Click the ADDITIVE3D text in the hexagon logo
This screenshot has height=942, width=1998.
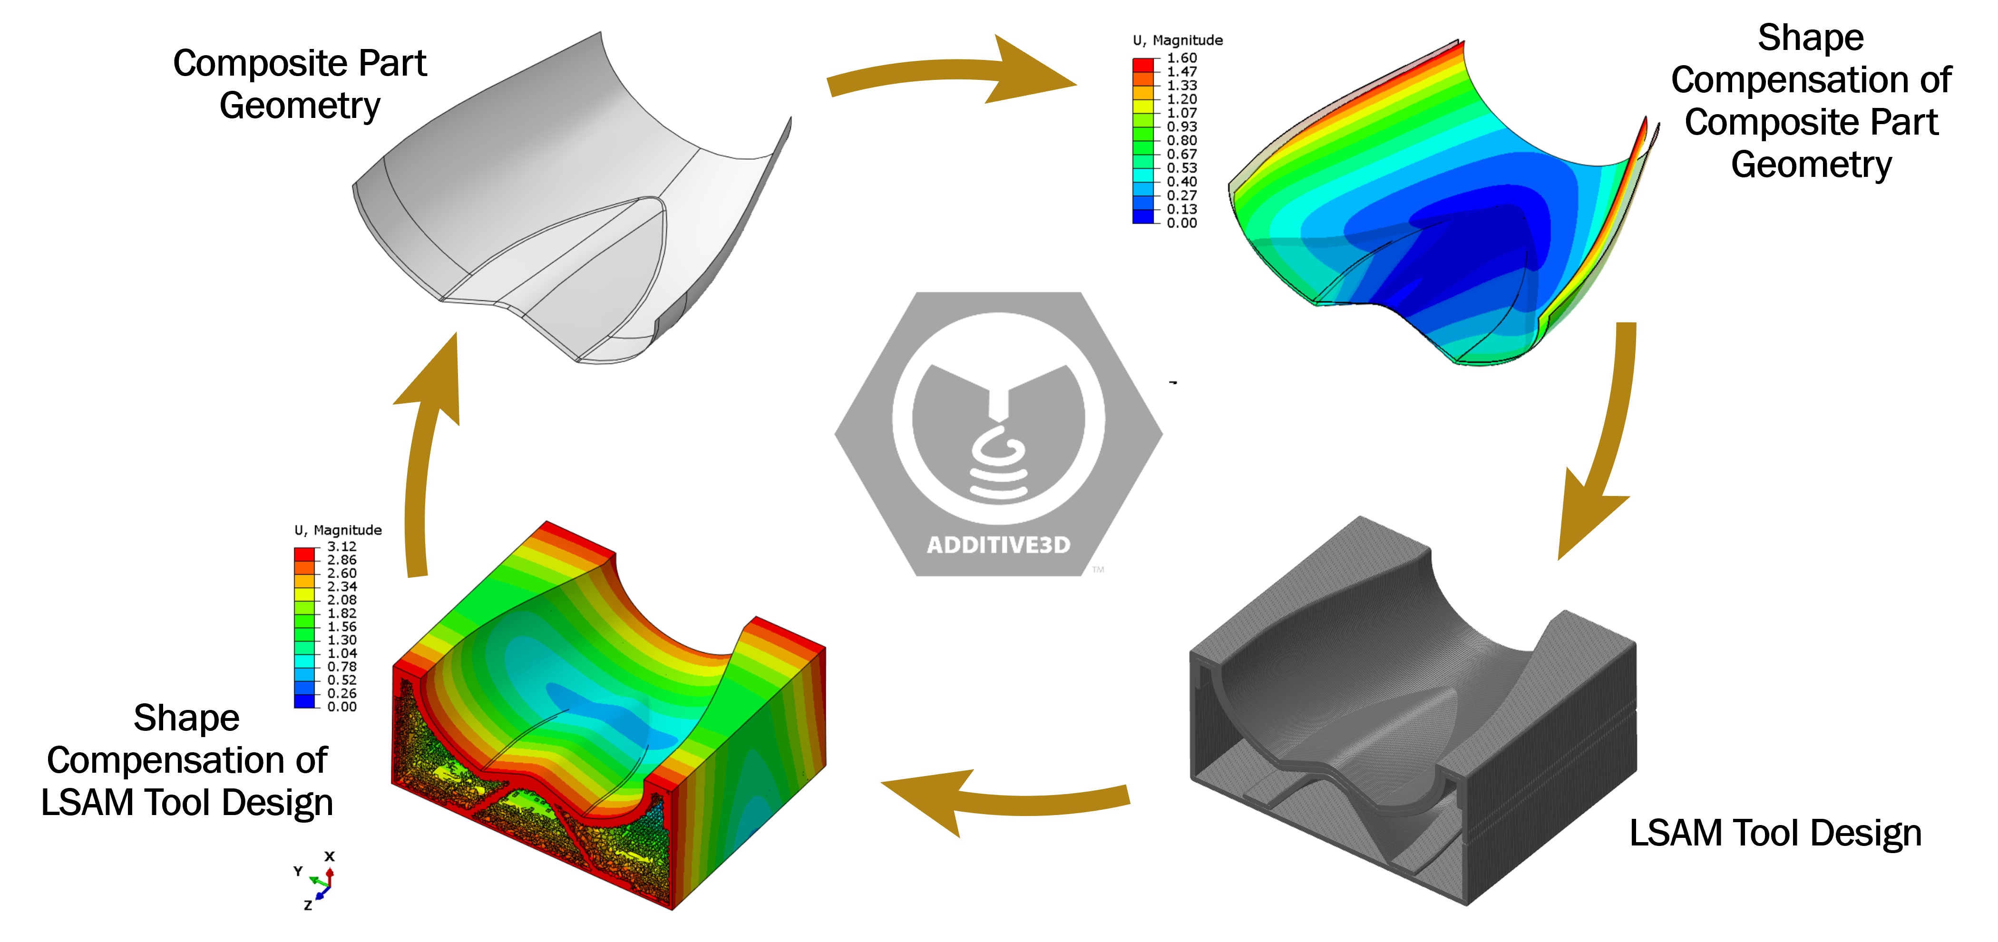[x=998, y=545]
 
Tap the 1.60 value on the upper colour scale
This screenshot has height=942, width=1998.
[x=1181, y=58]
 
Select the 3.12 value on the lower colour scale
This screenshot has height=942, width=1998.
[x=341, y=546]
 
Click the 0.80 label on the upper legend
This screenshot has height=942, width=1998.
[x=1181, y=140]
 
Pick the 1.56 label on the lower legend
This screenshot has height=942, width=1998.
[x=341, y=626]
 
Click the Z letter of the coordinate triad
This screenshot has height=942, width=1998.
[x=308, y=905]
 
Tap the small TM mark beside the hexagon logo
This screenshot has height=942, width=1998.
[x=1098, y=570]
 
